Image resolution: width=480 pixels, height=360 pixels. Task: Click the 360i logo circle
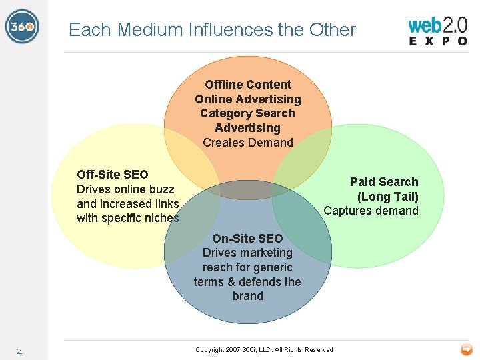click(22, 27)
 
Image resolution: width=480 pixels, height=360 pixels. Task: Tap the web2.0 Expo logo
click(437, 31)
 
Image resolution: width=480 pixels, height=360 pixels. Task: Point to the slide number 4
click(20, 353)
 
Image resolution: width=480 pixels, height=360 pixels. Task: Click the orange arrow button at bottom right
click(466, 349)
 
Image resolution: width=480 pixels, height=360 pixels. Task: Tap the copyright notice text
click(264, 350)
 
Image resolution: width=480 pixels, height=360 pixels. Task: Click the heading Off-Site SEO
click(113, 175)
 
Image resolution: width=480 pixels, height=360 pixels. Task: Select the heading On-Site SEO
click(247, 238)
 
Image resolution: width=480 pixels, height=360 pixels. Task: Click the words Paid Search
click(384, 182)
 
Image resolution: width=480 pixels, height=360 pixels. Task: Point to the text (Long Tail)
click(387, 197)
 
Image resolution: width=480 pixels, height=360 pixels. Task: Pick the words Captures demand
click(371, 211)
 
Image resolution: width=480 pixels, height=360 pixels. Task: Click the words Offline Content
click(248, 85)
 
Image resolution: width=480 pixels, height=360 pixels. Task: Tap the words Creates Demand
click(248, 143)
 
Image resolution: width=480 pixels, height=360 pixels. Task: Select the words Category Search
click(247, 113)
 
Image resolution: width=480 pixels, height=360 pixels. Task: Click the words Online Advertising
click(248, 99)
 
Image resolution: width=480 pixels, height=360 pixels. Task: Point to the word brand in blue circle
click(247, 296)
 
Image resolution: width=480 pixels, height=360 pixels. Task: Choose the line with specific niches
click(128, 218)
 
